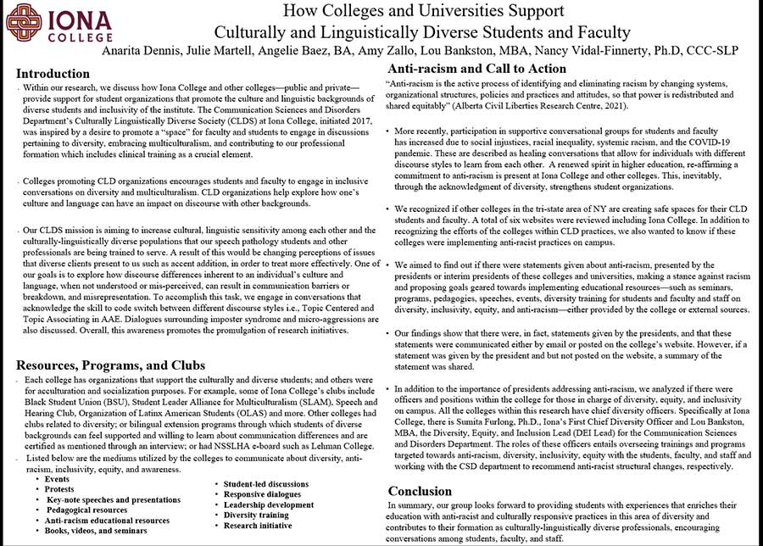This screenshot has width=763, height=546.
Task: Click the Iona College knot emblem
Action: point(23,23)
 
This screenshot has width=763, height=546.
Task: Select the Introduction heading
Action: point(53,73)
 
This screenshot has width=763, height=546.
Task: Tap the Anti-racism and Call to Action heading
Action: point(476,69)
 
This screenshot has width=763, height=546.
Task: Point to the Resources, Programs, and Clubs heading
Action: point(111,365)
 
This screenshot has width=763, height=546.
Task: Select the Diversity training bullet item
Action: point(256,515)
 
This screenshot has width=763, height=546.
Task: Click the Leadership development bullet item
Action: point(269,504)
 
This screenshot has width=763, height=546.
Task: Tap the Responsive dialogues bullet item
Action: point(263,494)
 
